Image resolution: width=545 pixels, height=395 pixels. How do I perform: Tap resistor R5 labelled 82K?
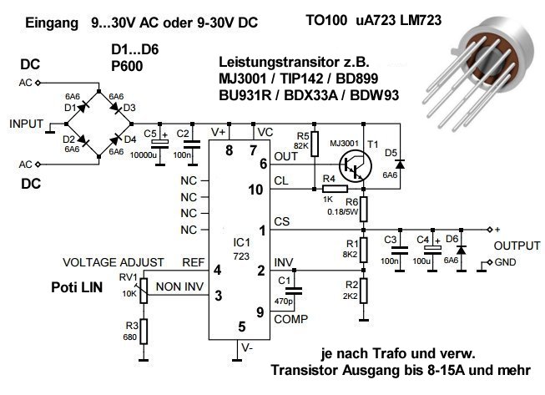click(315, 144)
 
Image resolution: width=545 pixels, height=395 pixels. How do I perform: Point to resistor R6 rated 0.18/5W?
click(363, 205)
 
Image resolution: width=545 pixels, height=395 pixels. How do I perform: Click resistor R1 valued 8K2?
click(363, 248)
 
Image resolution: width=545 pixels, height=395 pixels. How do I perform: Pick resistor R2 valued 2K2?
click(363, 292)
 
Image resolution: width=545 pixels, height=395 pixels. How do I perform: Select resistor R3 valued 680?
click(144, 331)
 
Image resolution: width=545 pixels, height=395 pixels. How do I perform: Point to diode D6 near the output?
click(460, 249)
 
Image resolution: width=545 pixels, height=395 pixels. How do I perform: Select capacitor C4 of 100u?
click(431, 249)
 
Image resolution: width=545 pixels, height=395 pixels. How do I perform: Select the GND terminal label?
click(506, 265)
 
